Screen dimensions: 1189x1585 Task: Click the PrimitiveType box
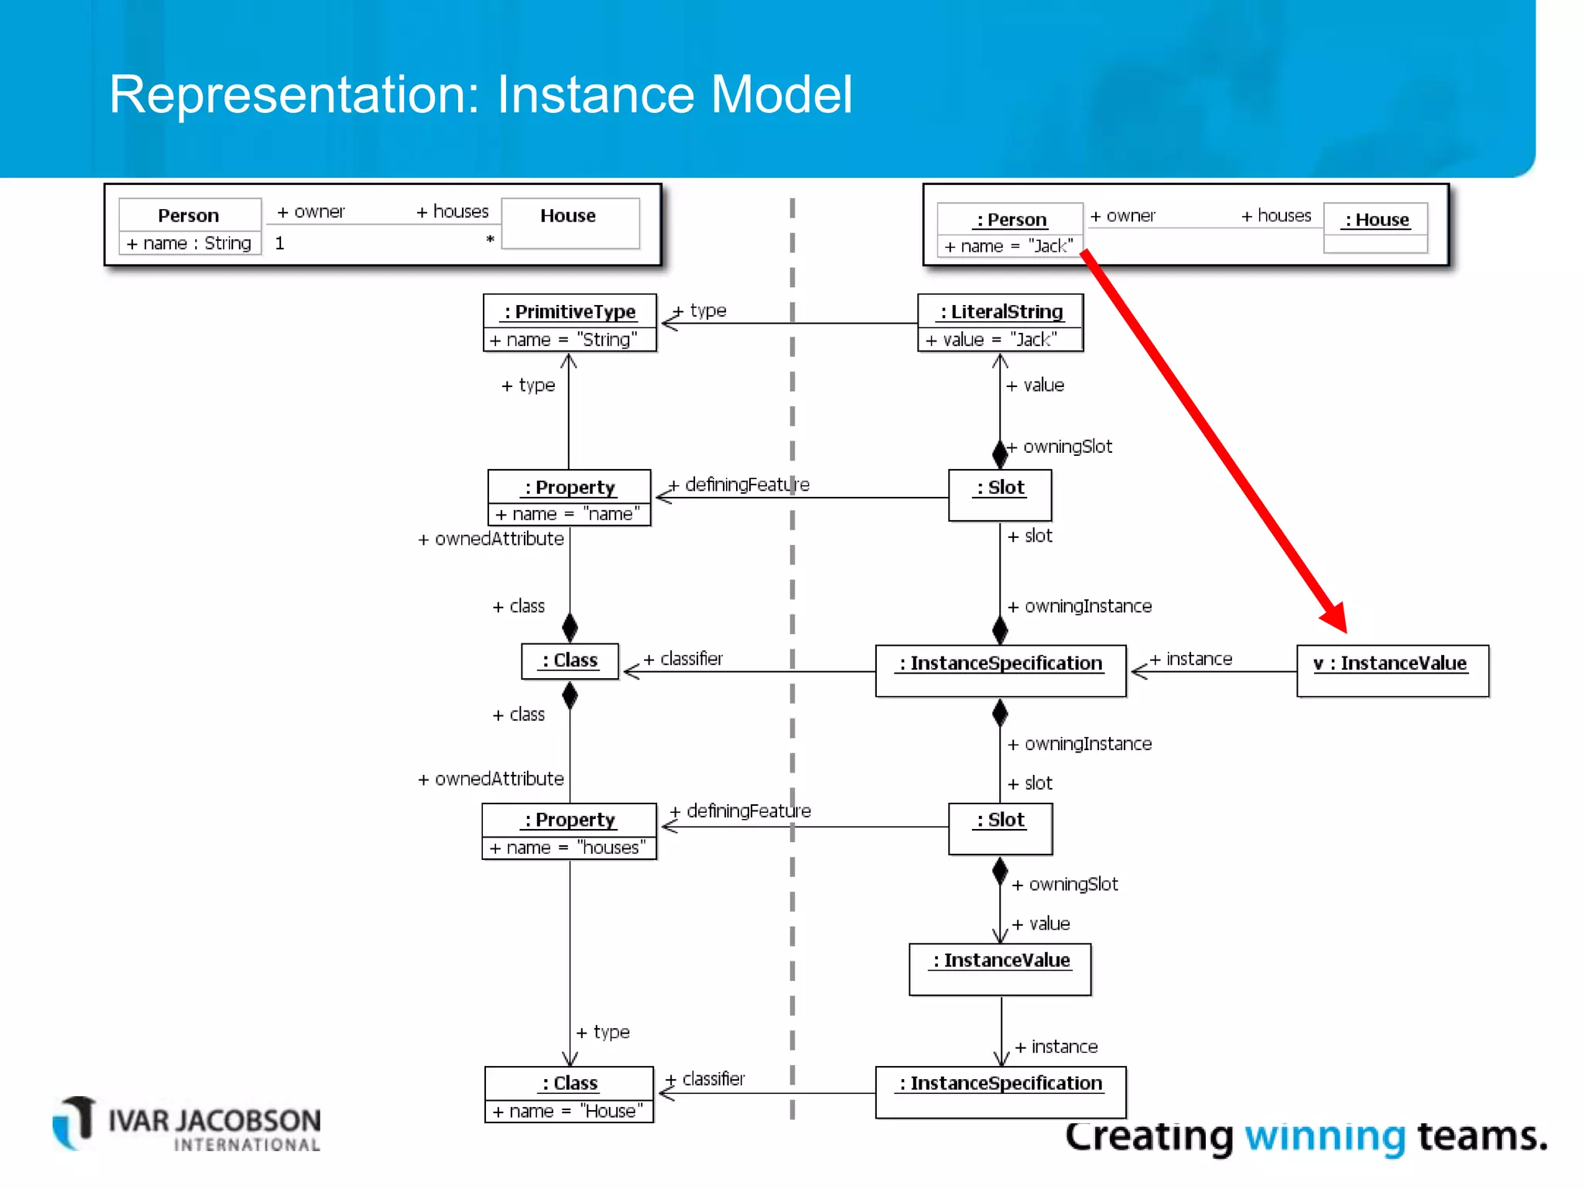click(x=570, y=323)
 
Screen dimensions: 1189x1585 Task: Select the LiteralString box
click(x=1000, y=323)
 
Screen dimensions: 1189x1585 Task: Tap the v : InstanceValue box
click(x=1392, y=670)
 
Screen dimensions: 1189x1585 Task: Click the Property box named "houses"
click(x=569, y=831)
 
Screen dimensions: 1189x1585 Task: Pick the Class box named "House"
click(x=569, y=1095)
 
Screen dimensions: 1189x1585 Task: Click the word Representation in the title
click(x=294, y=94)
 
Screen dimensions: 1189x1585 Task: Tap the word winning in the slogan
click(x=1324, y=1136)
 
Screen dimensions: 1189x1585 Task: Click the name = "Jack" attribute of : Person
click(x=1008, y=246)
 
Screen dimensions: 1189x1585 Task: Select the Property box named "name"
click(x=569, y=498)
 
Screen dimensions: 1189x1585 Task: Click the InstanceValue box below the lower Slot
click(x=1000, y=969)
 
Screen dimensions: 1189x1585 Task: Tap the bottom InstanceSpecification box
click(x=1000, y=1092)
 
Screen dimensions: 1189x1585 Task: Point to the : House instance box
click(x=1375, y=228)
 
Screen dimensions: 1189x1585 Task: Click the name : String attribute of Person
click(x=190, y=243)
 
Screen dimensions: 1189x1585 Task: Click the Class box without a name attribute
click(x=570, y=661)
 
